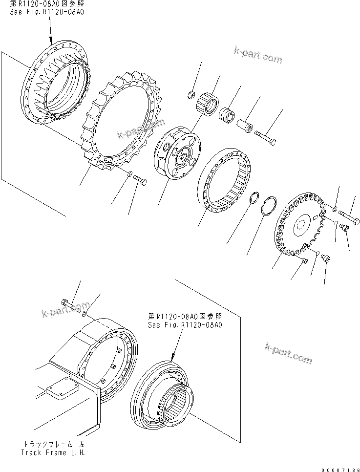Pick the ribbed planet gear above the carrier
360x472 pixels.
[207, 102]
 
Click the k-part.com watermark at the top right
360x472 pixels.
[258, 56]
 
